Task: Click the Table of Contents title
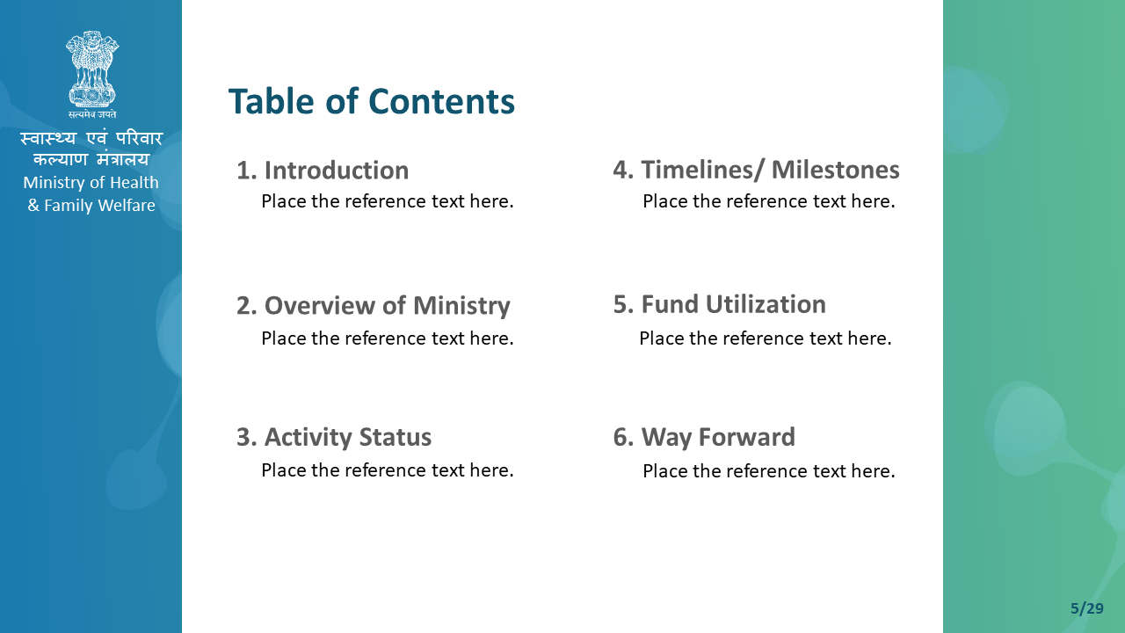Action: [372, 101]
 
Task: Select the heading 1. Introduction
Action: [323, 171]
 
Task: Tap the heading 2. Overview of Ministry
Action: [374, 306]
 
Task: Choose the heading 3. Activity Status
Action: [334, 437]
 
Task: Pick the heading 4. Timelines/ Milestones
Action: [757, 170]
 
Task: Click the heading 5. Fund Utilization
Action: [720, 304]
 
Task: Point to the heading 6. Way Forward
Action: [704, 437]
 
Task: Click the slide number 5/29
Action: [1087, 608]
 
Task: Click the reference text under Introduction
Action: [388, 201]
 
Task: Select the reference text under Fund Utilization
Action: [766, 338]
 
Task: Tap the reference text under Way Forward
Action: [769, 471]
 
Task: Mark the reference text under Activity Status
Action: [388, 470]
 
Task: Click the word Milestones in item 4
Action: [836, 170]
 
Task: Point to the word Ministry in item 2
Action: [461, 306]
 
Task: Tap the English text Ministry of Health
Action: [91, 182]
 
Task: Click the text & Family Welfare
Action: [91, 206]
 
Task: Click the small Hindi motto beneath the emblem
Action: [92, 114]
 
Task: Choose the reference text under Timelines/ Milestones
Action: [769, 201]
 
